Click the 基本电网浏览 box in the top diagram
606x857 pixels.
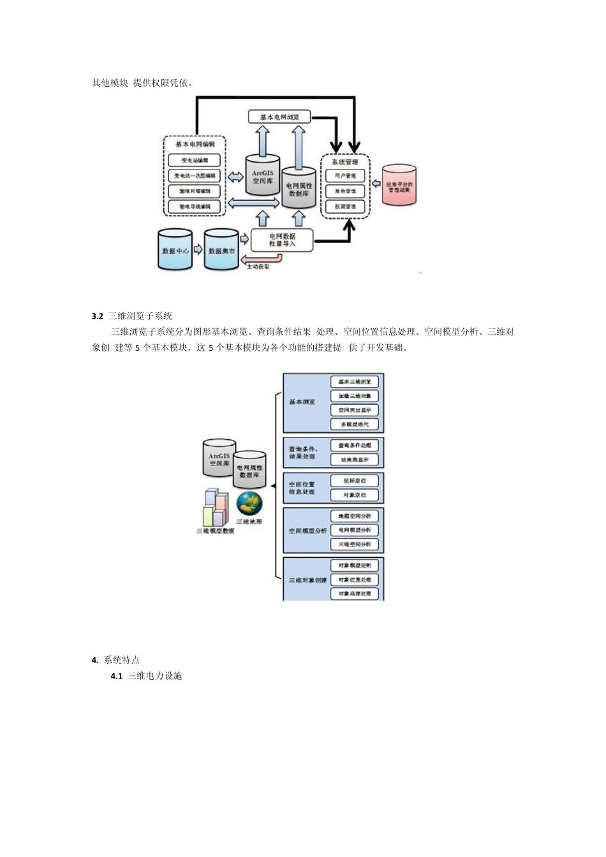[279, 117]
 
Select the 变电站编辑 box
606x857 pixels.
[195, 160]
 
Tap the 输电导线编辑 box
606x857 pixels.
[195, 207]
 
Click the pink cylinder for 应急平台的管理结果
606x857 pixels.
[399, 186]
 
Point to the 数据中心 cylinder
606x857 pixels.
[175, 251]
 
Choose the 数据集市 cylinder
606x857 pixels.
[221, 251]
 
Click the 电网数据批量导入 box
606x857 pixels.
[282, 240]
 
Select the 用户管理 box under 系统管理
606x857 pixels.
[345, 175]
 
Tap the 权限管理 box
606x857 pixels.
[345, 207]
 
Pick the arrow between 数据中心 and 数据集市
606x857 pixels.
[198, 249]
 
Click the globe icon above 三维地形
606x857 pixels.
[249, 504]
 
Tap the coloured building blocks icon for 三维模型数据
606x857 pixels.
[215, 508]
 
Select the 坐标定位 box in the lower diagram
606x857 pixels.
[355, 481]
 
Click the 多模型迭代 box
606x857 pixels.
[355, 424]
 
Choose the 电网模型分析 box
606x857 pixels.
[355, 530]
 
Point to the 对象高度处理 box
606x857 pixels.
[355, 594]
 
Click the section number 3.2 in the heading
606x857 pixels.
[98, 316]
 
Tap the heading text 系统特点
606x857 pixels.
[122, 660]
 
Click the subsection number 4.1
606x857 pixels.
[116, 676]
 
